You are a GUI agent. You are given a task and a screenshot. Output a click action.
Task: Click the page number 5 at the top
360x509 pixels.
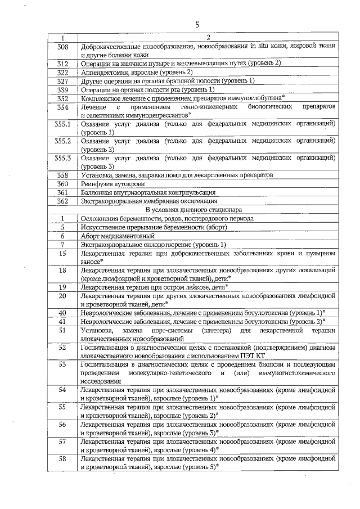click(197, 24)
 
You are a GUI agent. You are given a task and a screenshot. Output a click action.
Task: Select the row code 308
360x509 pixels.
click(63, 47)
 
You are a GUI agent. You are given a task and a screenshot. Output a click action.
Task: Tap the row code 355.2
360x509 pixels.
click(63, 140)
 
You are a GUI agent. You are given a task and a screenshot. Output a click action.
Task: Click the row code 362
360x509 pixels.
click(63, 201)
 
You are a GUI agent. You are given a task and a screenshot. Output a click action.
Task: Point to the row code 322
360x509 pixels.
click(63, 73)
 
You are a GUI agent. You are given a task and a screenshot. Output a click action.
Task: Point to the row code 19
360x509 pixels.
click(63, 287)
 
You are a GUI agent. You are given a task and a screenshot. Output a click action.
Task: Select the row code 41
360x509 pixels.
click(63, 321)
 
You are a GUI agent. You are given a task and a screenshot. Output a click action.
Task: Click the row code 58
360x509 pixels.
click(63, 460)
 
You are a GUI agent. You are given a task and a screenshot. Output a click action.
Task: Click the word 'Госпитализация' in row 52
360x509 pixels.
click(109, 348)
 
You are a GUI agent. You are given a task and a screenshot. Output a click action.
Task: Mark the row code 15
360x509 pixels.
click(63, 253)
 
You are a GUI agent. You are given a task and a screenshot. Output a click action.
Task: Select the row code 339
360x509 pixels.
click(63, 89)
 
